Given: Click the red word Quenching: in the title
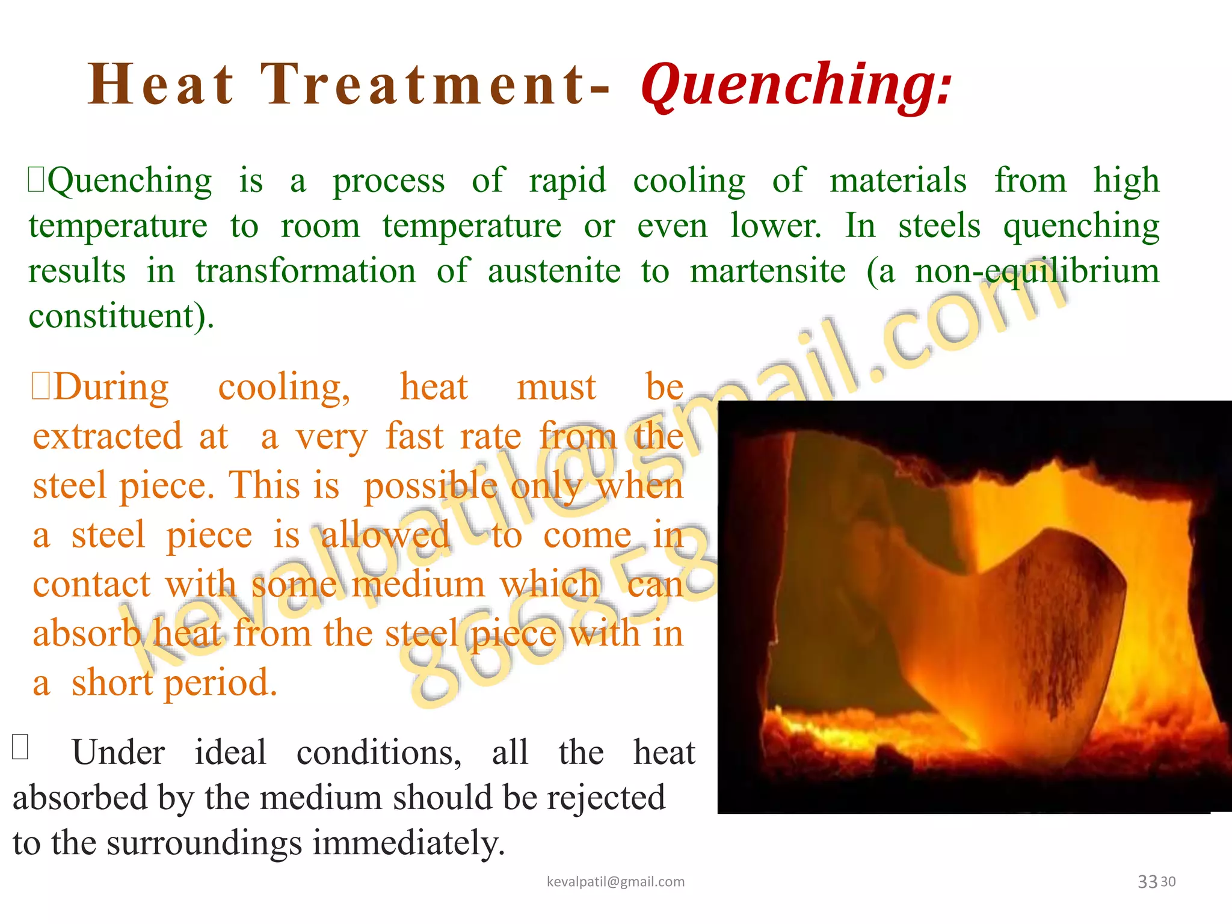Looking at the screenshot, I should click(796, 85).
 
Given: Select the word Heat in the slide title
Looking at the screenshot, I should click(161, 85).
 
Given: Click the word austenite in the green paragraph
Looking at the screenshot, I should click(554, 271).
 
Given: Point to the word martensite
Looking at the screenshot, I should click(768, 271).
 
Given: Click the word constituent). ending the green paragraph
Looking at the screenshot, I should click(121, 315).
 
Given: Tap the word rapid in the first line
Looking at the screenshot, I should click(567, 180).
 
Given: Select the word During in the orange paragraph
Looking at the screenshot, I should click(111, 387).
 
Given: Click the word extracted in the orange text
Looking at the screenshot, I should click(107, 436).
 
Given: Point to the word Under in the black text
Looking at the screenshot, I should click(119, 753).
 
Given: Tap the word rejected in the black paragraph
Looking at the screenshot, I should click(606, 798).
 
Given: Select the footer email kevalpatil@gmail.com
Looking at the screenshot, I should click(615, 882).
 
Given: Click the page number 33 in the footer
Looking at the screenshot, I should click(1147, 882).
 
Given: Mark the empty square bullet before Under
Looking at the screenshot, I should click(20, 747).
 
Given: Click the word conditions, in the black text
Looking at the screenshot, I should click(379, 753).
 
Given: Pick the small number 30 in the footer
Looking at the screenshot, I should click(1168, 882).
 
